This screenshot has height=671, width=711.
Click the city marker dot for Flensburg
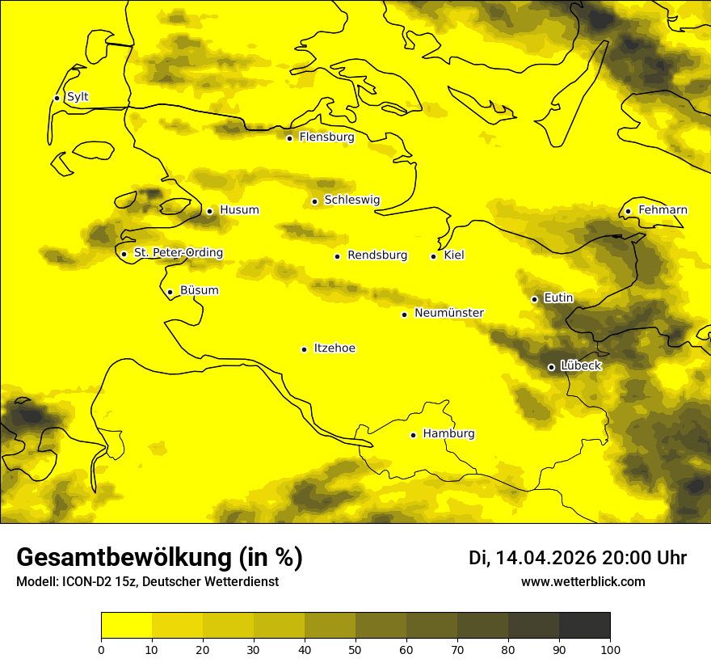[x=289, y=138]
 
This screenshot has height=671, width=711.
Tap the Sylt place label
[x=78, y=97]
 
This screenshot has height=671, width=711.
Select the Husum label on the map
[x=239, y=210]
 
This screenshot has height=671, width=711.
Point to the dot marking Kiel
[x=433, y=256]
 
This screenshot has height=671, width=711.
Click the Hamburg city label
[x=448, y=434]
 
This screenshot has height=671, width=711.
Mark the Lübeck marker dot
[x=551, y=367]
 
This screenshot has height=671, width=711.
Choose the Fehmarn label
[x=663, y=210]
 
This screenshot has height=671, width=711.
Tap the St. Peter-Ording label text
[x=178, y=253]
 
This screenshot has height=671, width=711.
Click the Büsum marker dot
[x=170, y=292]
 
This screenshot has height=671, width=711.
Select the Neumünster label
[x=449, y=313]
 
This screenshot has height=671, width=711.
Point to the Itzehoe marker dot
[x=304, y=349]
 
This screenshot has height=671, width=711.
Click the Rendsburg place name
[x=377, y=255]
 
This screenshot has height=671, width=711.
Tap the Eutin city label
[x=558, y=298]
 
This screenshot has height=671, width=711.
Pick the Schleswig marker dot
[x=314, y=201]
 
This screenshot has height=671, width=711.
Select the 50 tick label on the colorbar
[x=355, y=649]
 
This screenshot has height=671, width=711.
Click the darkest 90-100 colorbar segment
[x=584, y=626]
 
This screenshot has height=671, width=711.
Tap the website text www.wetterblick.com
[x=583, y=582]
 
